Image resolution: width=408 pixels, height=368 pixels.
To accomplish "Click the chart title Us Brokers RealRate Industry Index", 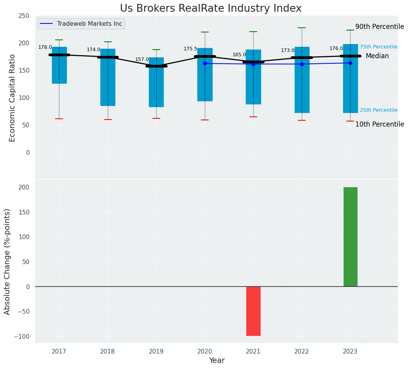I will click(x=211, y=9).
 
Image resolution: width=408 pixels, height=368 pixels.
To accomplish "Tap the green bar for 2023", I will click(x=350, y=237).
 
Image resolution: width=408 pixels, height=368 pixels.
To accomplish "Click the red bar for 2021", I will click(x=253, y=311).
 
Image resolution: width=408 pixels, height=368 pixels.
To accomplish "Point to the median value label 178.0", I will click(x=45, y=47).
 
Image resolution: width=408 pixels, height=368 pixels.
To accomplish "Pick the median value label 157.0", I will click(x=142, y=59).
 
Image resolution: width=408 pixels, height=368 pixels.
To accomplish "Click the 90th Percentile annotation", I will click(x=379, y=27).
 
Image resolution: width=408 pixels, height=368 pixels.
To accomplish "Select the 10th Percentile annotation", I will click(x=379, y=124).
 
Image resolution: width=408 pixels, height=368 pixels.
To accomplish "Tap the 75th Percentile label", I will click(x=379, y=47).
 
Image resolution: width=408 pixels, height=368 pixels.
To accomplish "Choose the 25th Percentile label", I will click(x=379, y=110).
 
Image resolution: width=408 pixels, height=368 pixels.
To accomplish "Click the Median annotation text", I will click(x=377, y=56).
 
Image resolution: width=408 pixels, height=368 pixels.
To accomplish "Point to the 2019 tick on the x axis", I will click(x=156, y=352).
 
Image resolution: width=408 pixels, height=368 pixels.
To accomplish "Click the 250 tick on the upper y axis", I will click(x=24, y=16).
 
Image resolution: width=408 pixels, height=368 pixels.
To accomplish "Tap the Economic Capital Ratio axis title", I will click(x=12, y=98).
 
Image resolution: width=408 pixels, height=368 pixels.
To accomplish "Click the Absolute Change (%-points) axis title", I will click(x=7, y=261).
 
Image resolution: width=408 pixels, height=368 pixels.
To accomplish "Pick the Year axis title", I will click(x=217, y=361).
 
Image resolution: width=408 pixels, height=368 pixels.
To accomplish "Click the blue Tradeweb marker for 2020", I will click(x=205, y=63).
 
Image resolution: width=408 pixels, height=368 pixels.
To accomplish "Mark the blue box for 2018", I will click(x=108, y=77).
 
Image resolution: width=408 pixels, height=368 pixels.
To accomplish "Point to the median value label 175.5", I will click(x=190, y=49).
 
